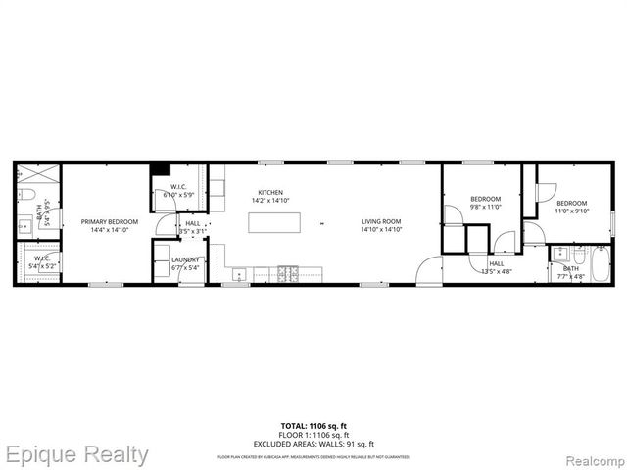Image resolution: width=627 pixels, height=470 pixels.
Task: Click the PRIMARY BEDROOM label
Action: (x=109, y=222)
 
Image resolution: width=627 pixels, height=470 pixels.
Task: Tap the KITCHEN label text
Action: (x=270, y=192)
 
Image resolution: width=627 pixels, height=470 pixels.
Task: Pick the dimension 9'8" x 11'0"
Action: (x=485, y=207)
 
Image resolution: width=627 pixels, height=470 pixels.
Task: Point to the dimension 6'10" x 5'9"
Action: (x=179, y=195)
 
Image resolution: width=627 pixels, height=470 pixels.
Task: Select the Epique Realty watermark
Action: (x=75, y=454)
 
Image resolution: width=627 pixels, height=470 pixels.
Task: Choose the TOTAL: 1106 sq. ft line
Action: (x=313, y=424)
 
